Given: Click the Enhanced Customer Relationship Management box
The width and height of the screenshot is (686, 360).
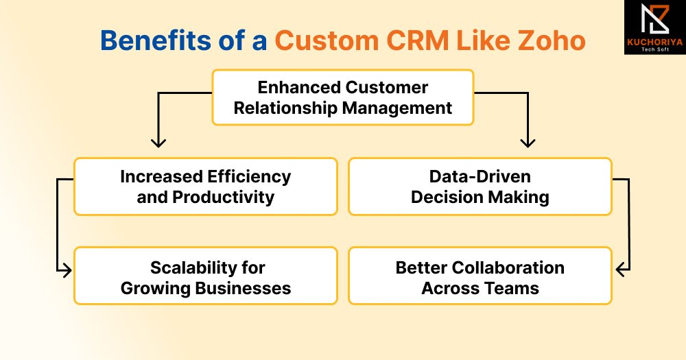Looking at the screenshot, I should (x=342, y=97).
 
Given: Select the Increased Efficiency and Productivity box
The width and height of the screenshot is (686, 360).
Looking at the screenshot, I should (x=205, y=187).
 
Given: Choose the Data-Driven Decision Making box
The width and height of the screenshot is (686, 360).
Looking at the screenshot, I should (x=480, y=187).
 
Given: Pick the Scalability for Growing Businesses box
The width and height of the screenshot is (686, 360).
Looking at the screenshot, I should (x=205, y=276).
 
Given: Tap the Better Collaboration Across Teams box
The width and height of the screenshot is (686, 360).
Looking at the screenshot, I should (x=480, y=276).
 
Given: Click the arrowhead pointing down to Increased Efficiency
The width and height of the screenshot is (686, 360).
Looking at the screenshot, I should (x=158, y=143).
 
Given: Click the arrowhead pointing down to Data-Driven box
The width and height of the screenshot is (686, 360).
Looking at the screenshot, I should (x=527, y=143).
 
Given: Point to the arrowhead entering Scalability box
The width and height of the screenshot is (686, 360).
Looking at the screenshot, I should (x=67, y=271).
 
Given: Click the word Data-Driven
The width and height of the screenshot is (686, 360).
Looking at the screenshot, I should (x=480, y=176).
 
